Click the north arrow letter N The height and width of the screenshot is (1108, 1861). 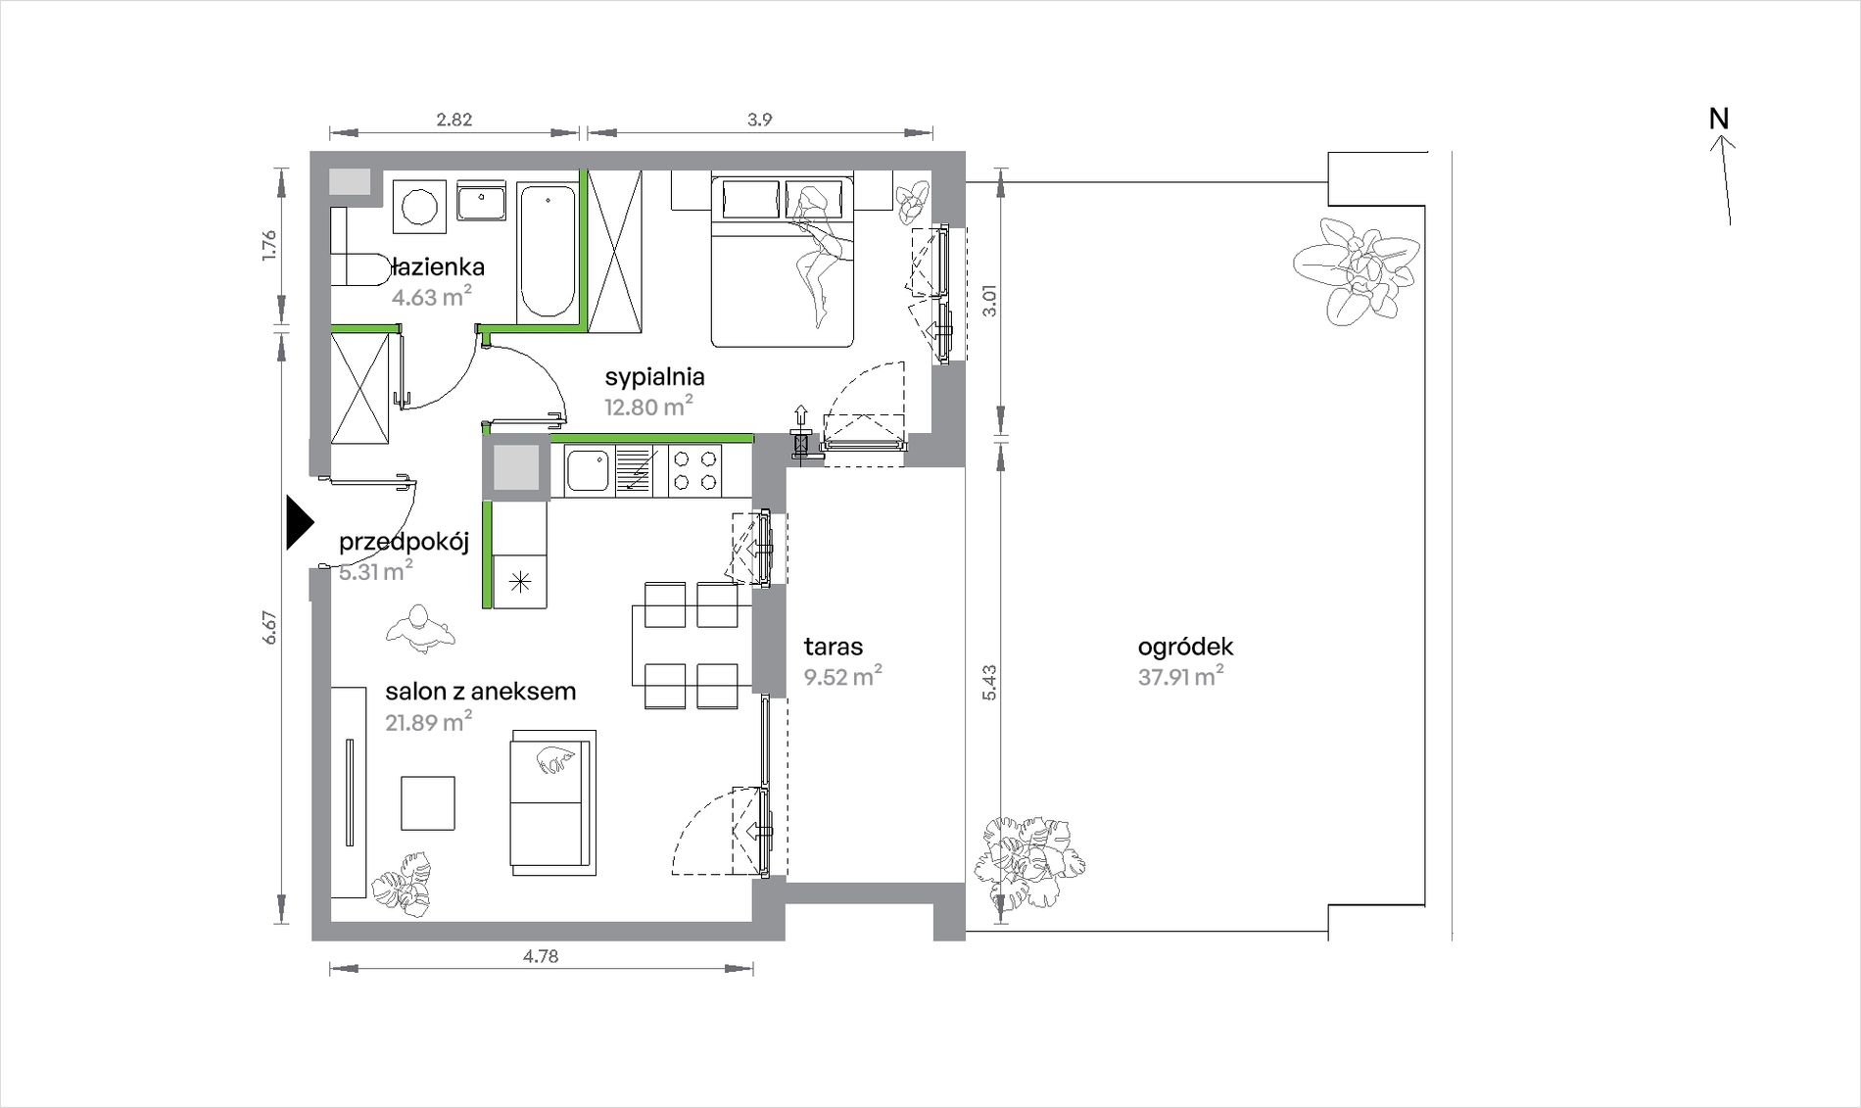click(x=1719, y=119)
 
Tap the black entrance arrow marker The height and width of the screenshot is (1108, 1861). click(x=300, y=523)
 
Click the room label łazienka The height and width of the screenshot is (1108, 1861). click(x=438, y=266)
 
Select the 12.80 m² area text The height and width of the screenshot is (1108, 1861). click(x=648, y=406)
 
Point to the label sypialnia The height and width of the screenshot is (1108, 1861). click(x=654, y=377)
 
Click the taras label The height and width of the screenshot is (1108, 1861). click(x=834, y=647)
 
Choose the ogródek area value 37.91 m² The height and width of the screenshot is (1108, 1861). click(x=1180, y=676)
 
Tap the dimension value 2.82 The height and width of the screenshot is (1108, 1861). click(x=454, y=120)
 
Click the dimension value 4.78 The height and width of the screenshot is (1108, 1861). click(x=541, y=956)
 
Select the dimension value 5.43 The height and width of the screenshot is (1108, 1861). click(x=989, y=682)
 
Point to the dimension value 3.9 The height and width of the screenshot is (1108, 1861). click(x=760, y=120)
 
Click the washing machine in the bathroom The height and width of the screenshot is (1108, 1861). click(x=420, y=207)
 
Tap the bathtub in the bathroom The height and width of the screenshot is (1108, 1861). click(x=548, y=252)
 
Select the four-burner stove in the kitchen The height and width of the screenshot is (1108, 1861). click(x=694, y=470)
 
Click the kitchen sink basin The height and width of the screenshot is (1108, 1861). click(x=587, y=470)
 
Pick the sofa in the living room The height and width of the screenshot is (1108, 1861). click(x=551, y=802)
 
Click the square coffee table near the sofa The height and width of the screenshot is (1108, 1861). click(x=428, y=803)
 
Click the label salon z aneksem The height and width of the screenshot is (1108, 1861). click(x=480, y=692)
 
